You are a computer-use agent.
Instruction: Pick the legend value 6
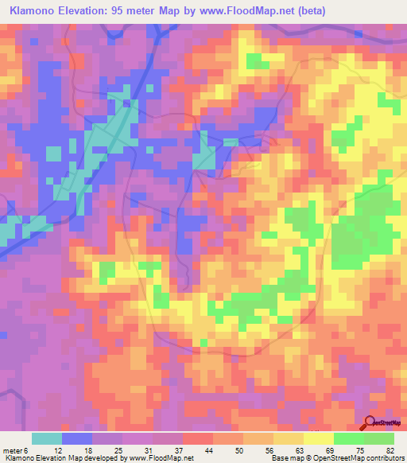tap(26, 449)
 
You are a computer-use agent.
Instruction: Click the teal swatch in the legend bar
tap(47, 438)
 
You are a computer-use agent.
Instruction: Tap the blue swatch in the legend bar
tap(77, 438)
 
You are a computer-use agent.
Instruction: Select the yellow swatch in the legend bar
tap(318, 438)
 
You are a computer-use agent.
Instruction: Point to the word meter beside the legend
tap(12, 449)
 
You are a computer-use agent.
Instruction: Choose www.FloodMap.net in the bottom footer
tap(162, 458)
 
